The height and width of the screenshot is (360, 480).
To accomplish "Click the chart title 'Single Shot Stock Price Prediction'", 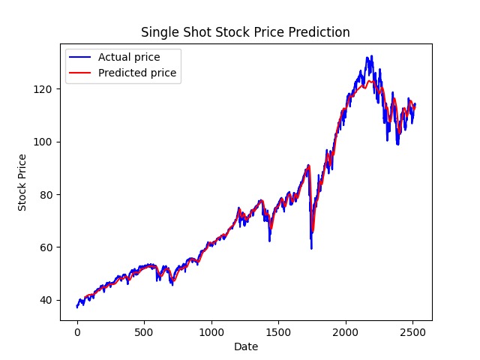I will pos(246,33).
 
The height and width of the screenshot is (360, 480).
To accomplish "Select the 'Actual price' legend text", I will pos(128,57).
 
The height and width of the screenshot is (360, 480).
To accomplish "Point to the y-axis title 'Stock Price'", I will pos(23,182).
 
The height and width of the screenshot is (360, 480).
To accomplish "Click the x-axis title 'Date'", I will pos(246,346).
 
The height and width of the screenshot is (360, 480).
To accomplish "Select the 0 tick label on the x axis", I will pos(77,331).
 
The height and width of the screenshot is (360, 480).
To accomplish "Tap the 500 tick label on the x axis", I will pos(144,331).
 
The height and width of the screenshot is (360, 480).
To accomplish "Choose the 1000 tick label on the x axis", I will pos(211,331).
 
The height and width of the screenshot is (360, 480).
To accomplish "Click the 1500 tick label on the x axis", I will pos(278,331).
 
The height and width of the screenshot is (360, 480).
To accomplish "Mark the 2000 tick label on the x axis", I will pos(346,331).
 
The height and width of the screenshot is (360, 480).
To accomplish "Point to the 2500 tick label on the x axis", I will pos(412,331).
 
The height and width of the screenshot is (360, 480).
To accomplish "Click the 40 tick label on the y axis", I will pos(47,300).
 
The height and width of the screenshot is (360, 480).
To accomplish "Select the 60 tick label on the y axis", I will pos(47,247).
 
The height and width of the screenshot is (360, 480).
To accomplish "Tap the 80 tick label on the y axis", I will pos(47,194).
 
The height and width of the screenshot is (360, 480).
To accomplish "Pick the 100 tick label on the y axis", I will pos(44,142).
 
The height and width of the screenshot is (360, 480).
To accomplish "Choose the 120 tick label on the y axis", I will pos(44,89).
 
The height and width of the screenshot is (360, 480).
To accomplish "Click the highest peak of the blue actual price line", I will pos(369,56).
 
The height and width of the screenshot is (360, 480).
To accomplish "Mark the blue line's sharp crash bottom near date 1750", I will pos(311,248).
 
